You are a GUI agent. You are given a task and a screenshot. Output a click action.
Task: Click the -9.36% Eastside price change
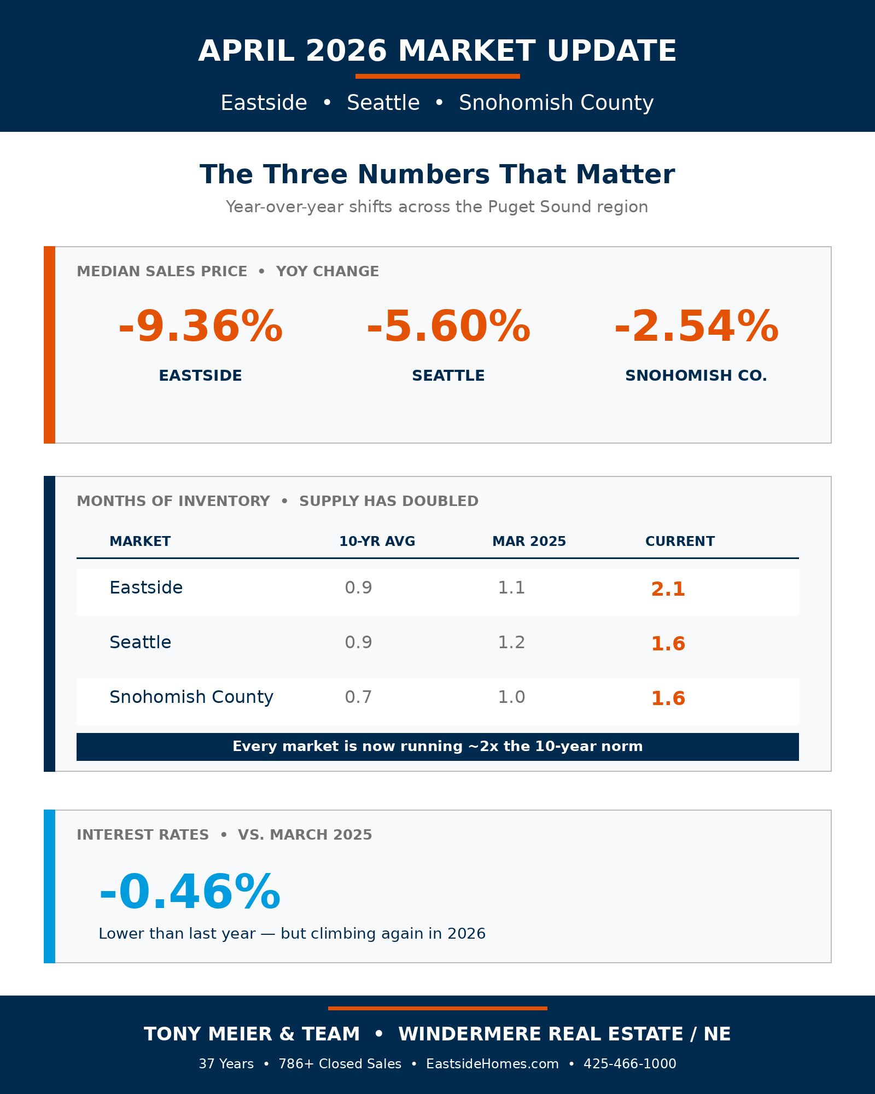point(201,327)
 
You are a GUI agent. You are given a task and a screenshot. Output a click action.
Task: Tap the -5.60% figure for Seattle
point(448,327)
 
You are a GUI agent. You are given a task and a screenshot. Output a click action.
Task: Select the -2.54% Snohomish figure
point(696,327)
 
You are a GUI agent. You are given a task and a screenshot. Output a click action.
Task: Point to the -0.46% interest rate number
point(190,893)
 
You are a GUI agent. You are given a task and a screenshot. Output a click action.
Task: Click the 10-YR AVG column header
point(377,542)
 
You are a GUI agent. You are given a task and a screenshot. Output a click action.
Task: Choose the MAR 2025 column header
point(529,542)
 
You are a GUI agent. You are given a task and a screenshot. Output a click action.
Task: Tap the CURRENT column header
point(680,542)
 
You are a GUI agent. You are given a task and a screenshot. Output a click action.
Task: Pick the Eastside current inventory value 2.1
point(668,589)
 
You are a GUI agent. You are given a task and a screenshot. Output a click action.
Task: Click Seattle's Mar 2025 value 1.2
point(511,642)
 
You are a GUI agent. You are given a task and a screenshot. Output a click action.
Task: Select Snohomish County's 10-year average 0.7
point(358,697)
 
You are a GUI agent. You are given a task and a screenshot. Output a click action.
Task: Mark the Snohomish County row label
point(191,697)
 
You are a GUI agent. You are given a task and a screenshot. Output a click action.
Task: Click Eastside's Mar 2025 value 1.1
point(511,587)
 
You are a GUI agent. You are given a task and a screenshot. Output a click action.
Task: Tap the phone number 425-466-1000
point(629,1064)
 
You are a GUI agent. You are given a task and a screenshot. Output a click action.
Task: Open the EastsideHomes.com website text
point(492,1064)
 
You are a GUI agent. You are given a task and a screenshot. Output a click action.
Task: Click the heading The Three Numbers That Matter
point(437,174)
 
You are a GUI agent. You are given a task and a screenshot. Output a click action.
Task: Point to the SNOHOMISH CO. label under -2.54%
point(696,376)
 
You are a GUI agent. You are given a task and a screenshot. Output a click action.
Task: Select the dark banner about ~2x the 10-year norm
point(437,747)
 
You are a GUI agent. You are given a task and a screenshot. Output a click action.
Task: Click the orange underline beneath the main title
point(437,77)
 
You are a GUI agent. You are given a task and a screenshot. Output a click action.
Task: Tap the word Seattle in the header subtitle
point(383,103)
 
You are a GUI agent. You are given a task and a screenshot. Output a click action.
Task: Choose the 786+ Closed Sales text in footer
point(340,1064)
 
